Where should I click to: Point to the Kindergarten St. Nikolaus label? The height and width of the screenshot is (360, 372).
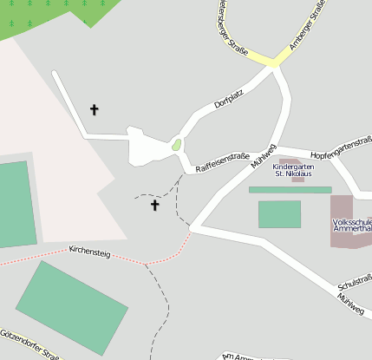pos(292,170)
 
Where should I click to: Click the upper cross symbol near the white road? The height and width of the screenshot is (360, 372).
pos(95,110)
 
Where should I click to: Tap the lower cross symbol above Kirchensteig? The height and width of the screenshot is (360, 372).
pos(155,206)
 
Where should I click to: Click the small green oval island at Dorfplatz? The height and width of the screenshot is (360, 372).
pos(177,144)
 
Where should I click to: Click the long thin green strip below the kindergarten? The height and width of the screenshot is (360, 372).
pos(290,189)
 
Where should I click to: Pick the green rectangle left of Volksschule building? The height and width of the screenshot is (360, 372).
pos(279,214)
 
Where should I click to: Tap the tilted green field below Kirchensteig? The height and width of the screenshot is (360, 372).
pos(72,307)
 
